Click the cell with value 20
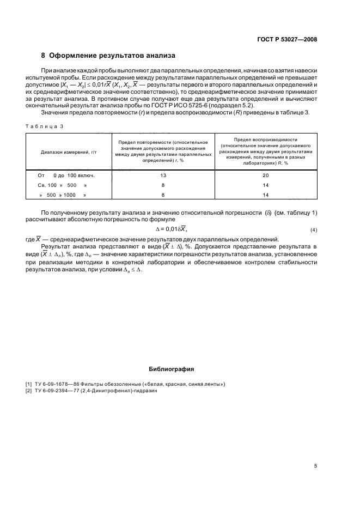pyautogui.click(x=265, y=175)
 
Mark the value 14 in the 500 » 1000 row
pyautogui.click(x=265, y=195)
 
